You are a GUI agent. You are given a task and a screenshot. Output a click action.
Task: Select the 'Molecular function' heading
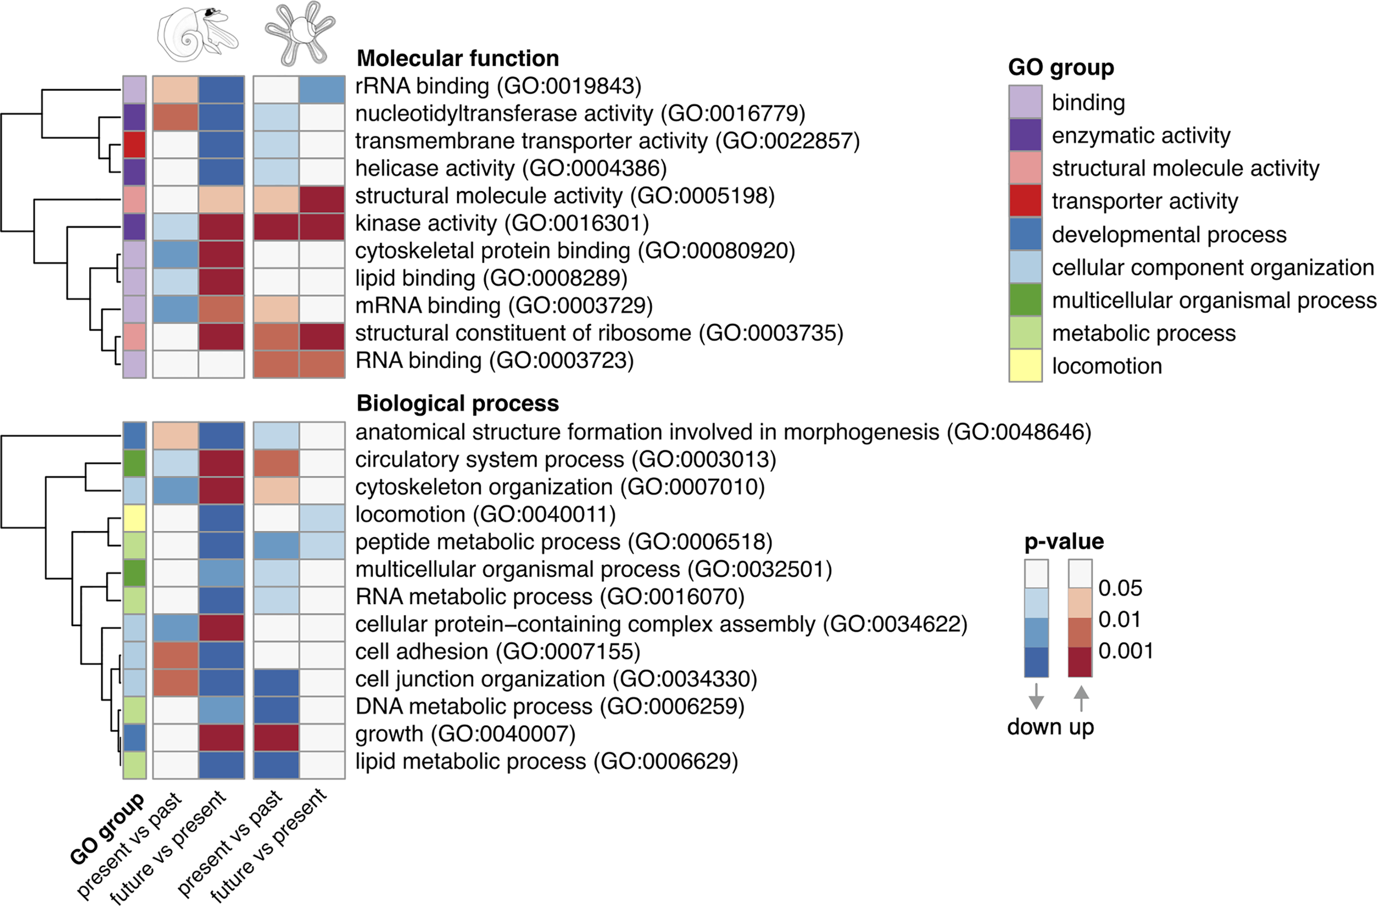point(458,58)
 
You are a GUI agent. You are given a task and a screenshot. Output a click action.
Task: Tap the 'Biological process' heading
point(458,403)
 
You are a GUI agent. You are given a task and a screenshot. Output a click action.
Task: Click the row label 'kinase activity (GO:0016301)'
point(502,223)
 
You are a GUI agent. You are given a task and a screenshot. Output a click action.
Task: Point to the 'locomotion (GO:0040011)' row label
point(485,514)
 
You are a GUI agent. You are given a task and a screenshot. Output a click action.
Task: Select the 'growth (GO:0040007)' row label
point(465,734)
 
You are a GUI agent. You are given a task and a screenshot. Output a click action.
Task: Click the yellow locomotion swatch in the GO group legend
point(1025,365)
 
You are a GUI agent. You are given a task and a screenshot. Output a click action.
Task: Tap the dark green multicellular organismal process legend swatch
point(1025,300)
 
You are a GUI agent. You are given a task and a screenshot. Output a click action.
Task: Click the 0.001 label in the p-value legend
point(1125,651)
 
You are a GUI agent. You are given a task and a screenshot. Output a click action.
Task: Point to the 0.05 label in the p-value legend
point(1120,588)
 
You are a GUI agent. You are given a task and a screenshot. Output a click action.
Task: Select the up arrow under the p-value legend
point(1081,698)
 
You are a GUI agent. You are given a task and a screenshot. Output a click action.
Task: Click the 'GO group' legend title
point(1060,68)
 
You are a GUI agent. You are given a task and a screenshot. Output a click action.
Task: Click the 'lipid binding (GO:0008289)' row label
point(491,278)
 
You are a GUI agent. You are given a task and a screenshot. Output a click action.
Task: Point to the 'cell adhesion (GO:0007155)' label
point(497,651)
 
